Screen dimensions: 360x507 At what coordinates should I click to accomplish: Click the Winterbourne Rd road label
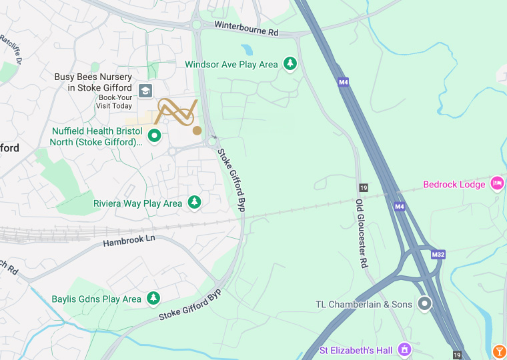pos(247,27)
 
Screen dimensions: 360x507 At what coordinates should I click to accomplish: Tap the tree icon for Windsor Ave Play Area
pos(290,64)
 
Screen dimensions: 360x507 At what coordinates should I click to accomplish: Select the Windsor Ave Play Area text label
pos(231,65)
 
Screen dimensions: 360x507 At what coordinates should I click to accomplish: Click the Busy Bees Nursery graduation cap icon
pos(145,91)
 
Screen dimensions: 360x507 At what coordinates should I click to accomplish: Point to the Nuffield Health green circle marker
pos(155,136)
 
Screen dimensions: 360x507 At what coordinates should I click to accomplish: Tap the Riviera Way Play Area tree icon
pos(194,202)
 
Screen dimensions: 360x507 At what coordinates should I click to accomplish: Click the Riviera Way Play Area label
pos(137,203)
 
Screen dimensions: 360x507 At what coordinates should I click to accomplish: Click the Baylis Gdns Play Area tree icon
pos(153,299)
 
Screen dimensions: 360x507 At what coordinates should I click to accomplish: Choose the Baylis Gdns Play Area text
pos(96,299)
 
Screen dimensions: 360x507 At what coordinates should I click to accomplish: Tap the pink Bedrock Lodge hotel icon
pos(497,183)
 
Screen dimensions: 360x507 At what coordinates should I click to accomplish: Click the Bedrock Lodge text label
pos(454,184)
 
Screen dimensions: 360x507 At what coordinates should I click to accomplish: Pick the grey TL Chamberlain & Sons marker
pos(424,304)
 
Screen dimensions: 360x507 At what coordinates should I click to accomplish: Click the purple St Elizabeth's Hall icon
pos(404,349)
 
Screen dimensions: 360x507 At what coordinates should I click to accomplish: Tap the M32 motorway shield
pos(438,254)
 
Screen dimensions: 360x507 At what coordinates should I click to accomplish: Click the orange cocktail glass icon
pos(499,351)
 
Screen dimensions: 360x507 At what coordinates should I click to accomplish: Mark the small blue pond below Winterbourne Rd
pos(247,50)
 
